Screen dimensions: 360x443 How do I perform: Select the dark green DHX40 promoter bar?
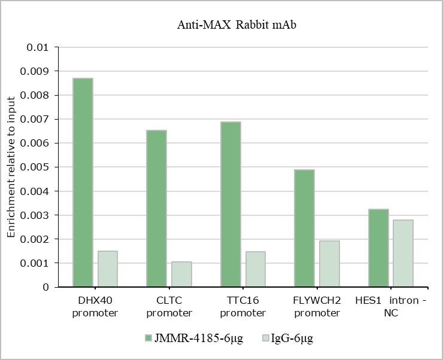pos(83,182)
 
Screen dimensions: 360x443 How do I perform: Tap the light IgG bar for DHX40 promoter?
pos(107,269)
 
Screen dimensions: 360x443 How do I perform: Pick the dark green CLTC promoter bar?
pos(156,209)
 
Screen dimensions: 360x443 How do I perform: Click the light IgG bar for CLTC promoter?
pos(181,274)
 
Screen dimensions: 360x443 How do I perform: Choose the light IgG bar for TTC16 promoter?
pos(256,269)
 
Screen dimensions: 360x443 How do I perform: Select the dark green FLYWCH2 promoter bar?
pos(304,228)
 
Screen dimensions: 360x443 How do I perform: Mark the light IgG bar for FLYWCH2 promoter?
pos(329,264)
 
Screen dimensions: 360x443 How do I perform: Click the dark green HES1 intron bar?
pos(378,248)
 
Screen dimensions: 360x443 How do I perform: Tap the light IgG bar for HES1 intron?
pos(403,254)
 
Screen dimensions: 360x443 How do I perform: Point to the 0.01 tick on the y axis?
pos(38,47)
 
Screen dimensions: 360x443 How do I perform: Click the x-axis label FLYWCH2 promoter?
pos(317,306)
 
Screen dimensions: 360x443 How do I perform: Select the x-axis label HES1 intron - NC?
pos(390,306)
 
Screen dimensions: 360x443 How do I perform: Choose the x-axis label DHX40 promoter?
pos(95,306)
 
